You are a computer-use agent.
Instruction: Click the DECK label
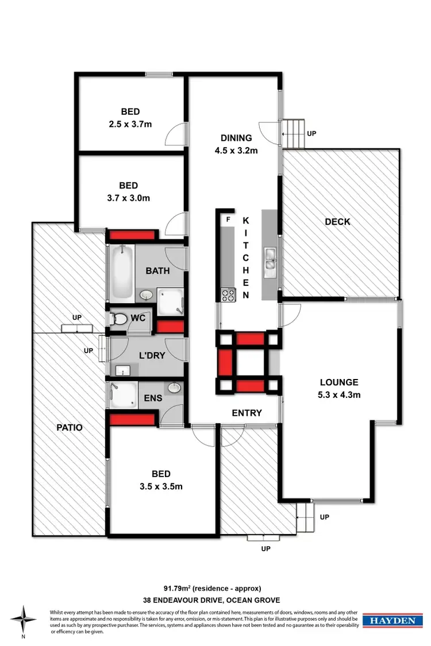337,222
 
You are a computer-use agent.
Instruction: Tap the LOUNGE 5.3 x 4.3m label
339,388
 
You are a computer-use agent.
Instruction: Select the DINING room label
237,144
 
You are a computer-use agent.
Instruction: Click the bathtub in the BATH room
121,272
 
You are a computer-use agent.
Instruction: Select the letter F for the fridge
228,219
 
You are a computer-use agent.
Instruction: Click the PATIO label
70,427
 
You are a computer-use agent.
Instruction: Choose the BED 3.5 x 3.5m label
161,480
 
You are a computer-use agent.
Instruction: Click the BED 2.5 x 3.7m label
130,118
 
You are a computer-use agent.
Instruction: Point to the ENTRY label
247,413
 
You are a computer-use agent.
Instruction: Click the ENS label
152,397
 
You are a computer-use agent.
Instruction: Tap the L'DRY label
153,355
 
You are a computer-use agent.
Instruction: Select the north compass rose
24,620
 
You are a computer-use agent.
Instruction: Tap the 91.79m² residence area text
213,588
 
